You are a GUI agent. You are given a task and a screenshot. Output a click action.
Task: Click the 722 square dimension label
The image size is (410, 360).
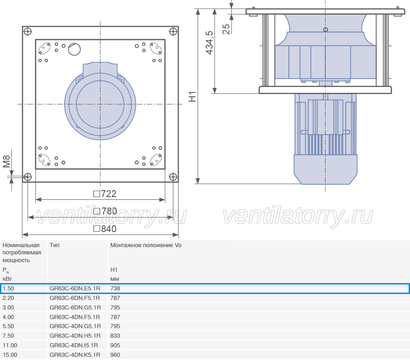coord(105,194)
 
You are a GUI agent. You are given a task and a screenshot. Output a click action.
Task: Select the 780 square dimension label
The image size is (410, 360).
coord(105,211)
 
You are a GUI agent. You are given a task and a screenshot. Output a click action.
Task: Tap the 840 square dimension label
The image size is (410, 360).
coord(105,229)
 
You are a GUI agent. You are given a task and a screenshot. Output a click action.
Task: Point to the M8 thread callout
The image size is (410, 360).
coord(6,162)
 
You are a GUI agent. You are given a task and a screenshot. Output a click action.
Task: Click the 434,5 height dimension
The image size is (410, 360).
coord(210,43)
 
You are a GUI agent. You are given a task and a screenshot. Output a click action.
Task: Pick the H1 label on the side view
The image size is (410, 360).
coord(192,96)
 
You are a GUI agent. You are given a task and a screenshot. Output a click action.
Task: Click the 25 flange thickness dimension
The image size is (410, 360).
coord(226,29)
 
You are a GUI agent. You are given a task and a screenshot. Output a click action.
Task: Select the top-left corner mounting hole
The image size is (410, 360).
coord(27,31)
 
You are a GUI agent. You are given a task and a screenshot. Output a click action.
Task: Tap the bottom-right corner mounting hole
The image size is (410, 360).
coord(173,177)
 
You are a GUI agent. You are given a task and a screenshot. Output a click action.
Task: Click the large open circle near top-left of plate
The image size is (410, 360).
coord(74,49)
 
